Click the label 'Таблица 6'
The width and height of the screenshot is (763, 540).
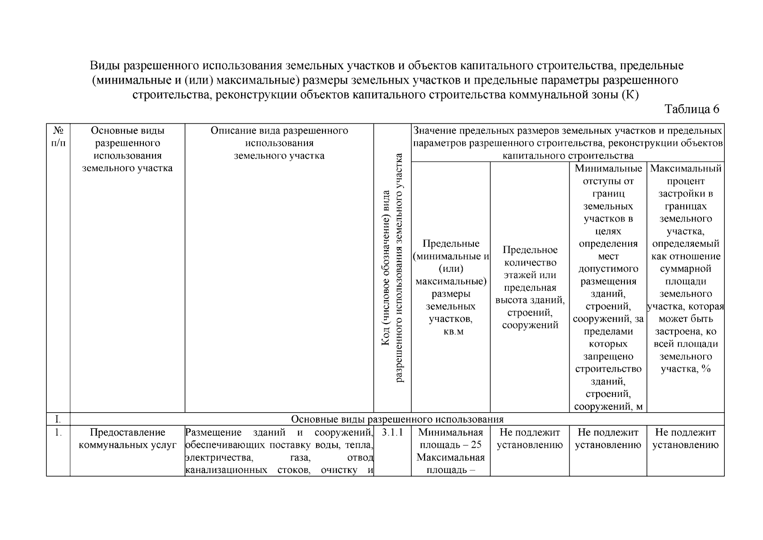(692, 109)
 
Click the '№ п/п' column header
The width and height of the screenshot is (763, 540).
(58, 137)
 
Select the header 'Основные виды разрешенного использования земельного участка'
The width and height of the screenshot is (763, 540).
(127, 149)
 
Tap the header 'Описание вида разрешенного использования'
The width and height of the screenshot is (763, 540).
(279, 143)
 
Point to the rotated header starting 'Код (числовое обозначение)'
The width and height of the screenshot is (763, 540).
(392, 268)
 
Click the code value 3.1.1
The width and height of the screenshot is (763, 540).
(392, 432)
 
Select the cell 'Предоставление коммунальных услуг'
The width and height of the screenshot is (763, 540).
(127, 439)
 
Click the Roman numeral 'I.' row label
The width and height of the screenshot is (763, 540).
(58, 419)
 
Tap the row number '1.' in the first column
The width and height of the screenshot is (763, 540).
(58, 432)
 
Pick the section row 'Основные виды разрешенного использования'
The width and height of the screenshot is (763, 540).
(397, 419)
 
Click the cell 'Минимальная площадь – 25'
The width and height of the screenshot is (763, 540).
(451, 439)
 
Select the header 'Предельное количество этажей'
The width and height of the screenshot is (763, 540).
(530, 287)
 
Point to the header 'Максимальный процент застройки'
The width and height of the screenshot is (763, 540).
(685, 268)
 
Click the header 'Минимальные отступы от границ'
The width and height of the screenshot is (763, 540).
(608, 287)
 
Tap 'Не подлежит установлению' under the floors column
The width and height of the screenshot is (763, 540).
(530, 439)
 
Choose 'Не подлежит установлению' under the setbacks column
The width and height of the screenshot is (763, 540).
(608, 439)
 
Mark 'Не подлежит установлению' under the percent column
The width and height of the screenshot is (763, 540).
(685, 439)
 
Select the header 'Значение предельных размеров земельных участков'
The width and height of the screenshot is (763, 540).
(567, 143)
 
